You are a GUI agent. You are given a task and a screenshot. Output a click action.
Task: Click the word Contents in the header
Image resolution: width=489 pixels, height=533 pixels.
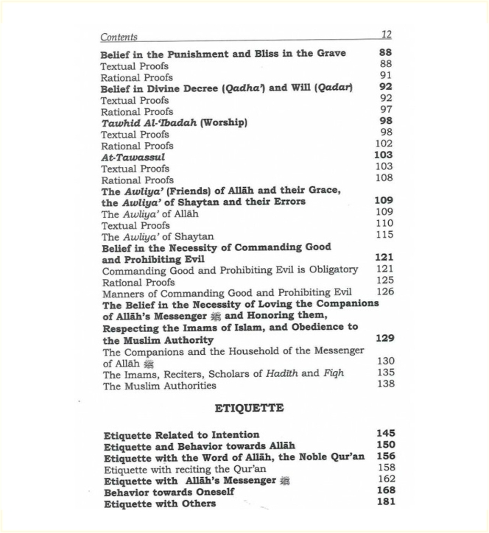tap(119, 37)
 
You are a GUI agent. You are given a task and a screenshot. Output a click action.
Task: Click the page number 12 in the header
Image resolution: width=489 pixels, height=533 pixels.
tap(387, 35)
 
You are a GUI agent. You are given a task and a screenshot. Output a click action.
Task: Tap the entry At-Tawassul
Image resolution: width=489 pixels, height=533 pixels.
tap(133, 157)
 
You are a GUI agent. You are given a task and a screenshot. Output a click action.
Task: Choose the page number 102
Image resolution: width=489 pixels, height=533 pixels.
tap(384, 144)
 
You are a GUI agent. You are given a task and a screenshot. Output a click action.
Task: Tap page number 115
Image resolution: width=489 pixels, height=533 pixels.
tap(384, 234)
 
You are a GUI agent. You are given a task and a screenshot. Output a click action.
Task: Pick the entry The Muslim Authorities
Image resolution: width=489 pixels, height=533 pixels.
tap(159, 385)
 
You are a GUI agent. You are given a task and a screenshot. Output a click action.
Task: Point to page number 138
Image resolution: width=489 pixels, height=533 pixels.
tap(385, 384)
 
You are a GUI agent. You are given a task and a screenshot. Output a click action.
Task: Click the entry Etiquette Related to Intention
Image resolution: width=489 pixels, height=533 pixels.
tap(181, 434)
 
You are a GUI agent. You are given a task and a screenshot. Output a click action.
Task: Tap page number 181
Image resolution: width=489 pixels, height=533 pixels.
tap(385, 501)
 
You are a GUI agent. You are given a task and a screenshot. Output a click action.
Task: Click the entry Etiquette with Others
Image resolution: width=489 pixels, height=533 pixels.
tap(160, 504)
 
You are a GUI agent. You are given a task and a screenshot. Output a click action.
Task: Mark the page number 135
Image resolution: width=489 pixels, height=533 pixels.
tap(385, 373)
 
